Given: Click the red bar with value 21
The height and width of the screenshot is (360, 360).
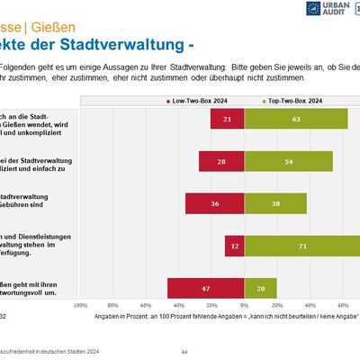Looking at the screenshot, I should click(227, 119).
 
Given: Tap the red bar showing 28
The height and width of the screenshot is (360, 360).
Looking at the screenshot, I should click(221, 161).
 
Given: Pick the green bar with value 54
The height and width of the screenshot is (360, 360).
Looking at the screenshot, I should click(288, 161).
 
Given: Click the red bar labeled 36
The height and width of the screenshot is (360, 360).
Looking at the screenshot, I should click(214, 203).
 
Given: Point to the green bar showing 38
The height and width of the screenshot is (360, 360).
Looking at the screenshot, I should click(274, 203).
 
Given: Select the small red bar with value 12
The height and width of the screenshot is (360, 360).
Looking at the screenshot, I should click(234, 246).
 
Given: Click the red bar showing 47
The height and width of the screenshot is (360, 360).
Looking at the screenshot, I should click(205, 288).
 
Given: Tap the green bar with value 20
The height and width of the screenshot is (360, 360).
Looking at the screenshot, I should click(260, 288).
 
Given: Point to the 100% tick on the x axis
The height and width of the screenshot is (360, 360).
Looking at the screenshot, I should click(80, 306).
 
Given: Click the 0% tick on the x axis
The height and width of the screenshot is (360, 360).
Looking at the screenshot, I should click(243, 306).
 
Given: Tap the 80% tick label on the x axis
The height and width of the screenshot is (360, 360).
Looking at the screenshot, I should click(113, 306).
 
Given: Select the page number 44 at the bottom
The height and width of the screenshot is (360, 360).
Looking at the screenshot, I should click(184, 351).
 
